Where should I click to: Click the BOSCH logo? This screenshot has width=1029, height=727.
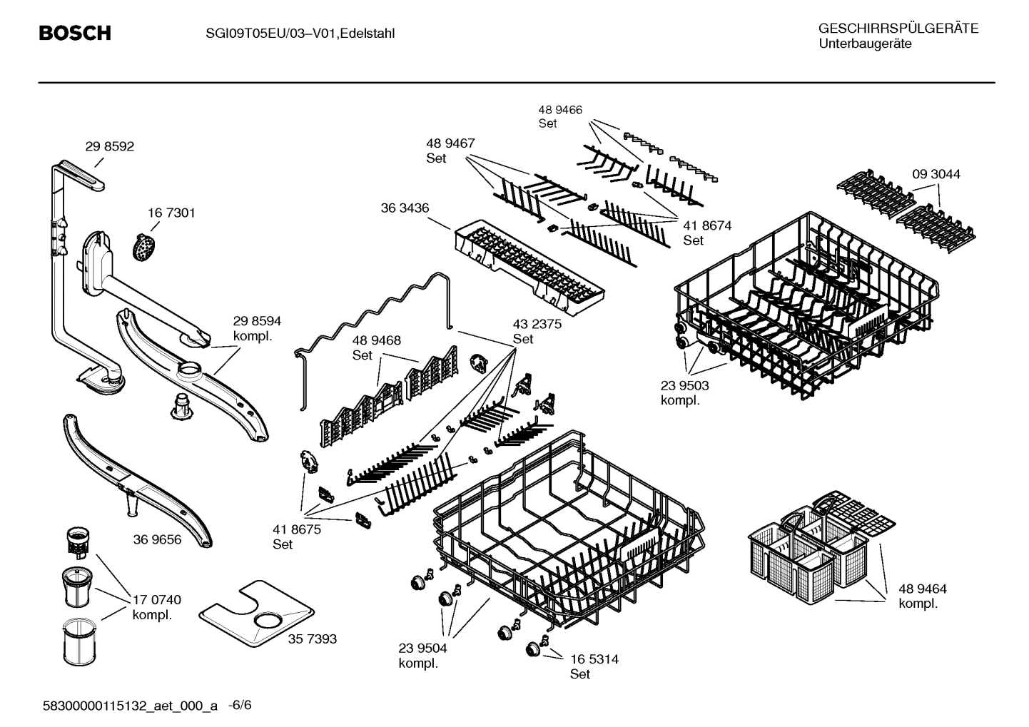[75, 34]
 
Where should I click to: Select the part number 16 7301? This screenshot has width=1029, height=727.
[171, 213]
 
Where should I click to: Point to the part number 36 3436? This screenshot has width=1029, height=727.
[405, 208]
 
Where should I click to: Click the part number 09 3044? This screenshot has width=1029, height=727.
[936, 174]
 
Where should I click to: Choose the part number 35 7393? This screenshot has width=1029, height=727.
[312, 639]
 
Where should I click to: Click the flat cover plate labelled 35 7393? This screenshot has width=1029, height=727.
[257, 616]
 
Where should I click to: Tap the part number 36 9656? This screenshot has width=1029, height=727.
[157, 539]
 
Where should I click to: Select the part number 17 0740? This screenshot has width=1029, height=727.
[156, 599]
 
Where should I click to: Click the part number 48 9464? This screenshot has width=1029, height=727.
[922, 589]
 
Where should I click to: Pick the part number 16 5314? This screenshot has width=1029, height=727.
[594, 659]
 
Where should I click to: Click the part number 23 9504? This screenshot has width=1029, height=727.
[422, 648]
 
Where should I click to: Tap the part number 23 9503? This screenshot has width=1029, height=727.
[684, 385]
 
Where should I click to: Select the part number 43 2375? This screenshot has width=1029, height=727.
[537, 324]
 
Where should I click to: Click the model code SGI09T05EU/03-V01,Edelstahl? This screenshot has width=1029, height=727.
[295, 34]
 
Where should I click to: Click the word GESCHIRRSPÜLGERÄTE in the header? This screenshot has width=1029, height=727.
[898, 29]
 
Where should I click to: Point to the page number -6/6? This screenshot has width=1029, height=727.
[240, 706]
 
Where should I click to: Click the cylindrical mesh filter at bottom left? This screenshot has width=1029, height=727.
[74, 644]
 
